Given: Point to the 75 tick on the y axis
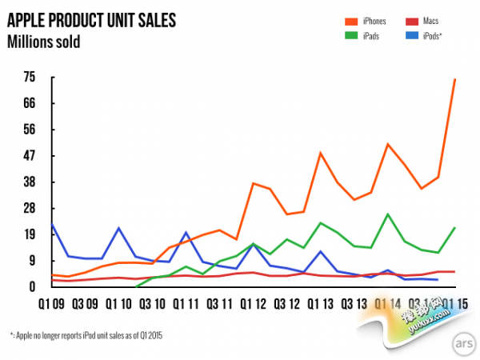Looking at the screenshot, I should click(x=30, y=77).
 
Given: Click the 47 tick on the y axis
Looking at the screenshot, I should click(x=30, y=155).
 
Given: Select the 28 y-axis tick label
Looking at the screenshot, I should click(x=30, y=208).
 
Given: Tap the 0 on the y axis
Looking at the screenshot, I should click(x=34, y=286).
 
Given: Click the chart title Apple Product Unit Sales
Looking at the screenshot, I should click(x=92, y=18).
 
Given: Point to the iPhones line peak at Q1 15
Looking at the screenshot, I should click(x=455, y=78).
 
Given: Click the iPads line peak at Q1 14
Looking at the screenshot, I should click(x=388, y=214).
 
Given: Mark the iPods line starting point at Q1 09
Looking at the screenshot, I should click(x=52, y=225).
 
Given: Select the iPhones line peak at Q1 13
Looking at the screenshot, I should click(x=321, y=152).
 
